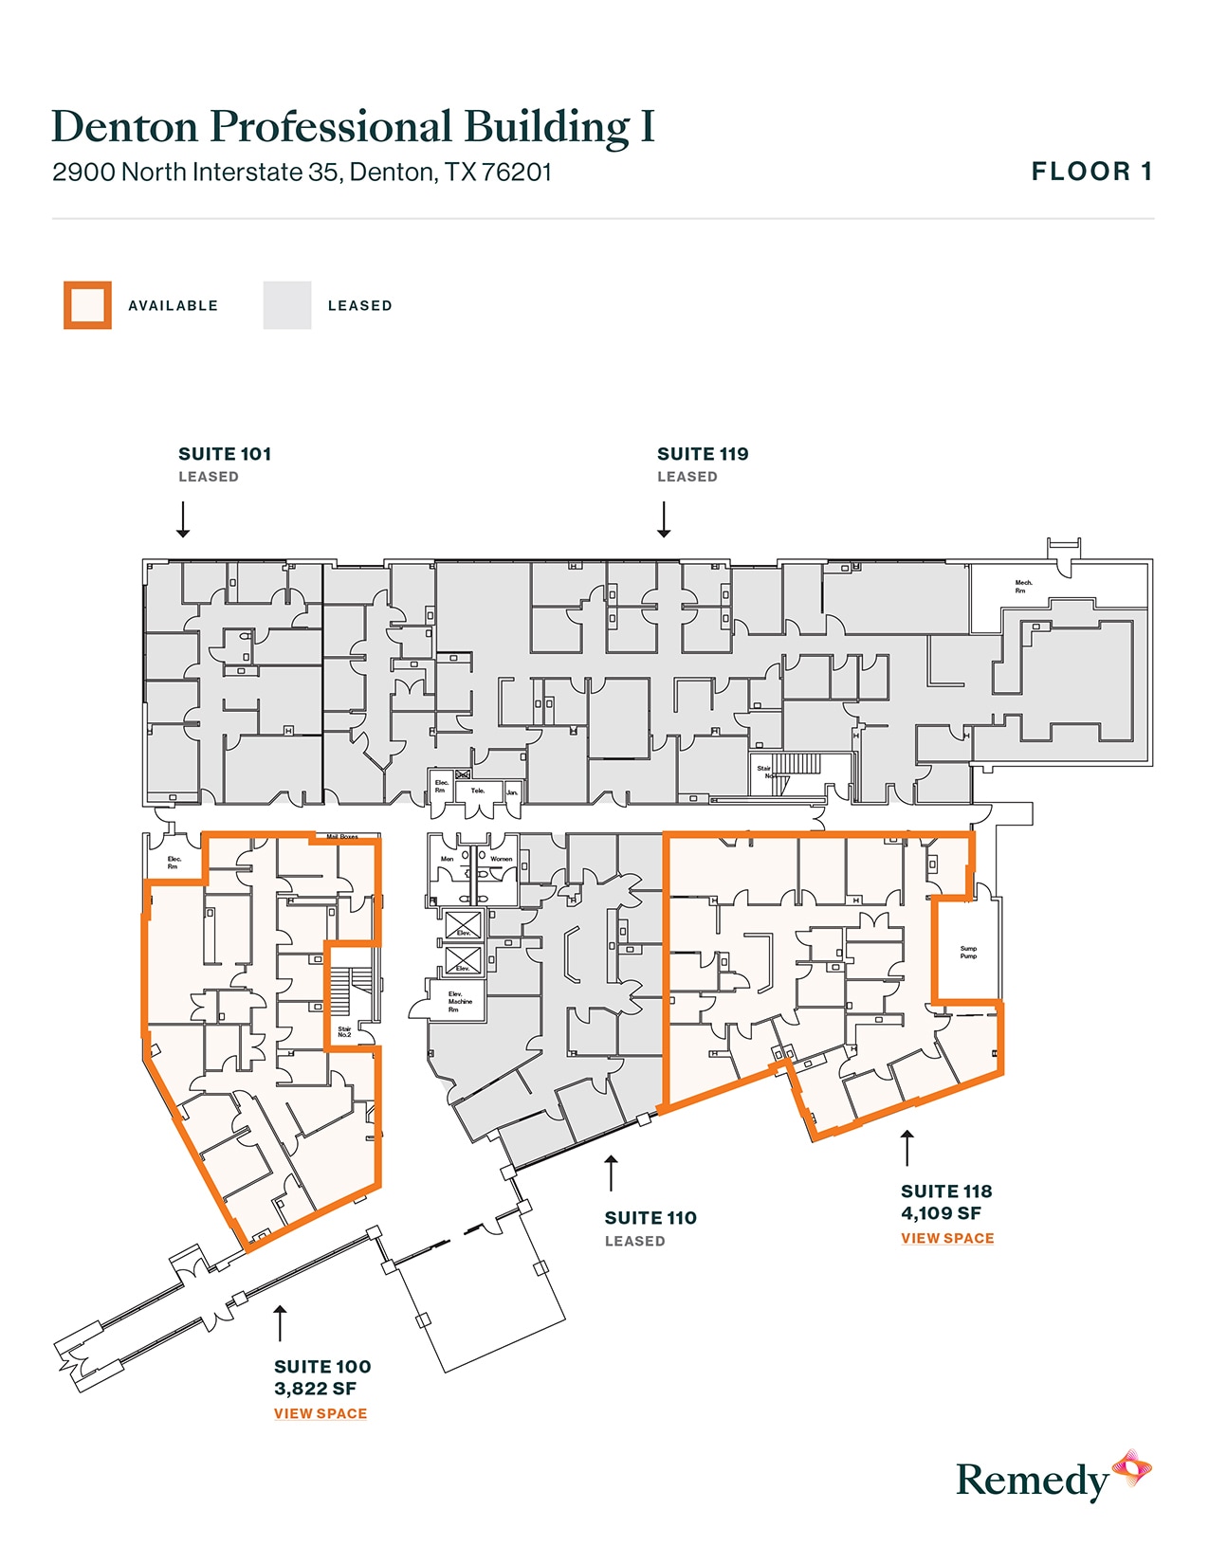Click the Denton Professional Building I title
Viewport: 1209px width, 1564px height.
(x=353, y=127)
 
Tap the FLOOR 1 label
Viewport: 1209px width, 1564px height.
(x=1091, y=172)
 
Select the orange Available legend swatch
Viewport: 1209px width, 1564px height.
(x=87, y=305)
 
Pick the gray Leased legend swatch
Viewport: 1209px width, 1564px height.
(x=287, y=305)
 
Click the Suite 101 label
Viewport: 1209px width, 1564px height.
(x=225, y=454)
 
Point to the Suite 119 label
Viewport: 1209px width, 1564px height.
(x=703, y=454)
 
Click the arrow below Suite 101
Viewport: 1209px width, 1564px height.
(x=183, y=519)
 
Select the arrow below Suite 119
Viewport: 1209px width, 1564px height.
(x=664, y=519)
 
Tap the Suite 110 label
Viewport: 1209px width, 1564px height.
(x=650, y=1218)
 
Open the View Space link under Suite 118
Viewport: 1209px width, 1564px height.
(x=947, y=1238)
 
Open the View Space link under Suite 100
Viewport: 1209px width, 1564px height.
(x=321, y=1413)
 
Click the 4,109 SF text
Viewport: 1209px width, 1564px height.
(x=941, y=1213)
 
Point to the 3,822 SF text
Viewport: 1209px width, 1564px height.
(x=315, y=1389)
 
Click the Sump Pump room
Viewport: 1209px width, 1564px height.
(x=968, y=952)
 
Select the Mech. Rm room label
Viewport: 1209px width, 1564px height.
(x=1023, y=587)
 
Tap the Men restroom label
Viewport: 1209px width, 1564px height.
(x=447, y=859)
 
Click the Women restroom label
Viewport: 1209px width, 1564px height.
(x=501, y=859)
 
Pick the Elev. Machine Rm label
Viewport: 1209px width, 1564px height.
(x=460, y=1002)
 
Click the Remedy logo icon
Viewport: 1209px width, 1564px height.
(x=1131, y=1468)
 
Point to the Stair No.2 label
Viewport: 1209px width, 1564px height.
(x=344, y=1031)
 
